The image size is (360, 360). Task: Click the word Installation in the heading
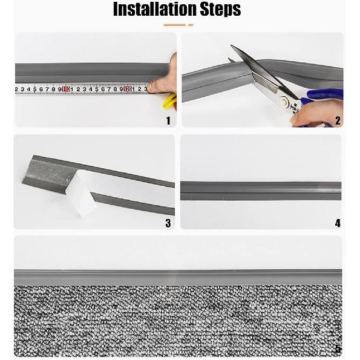click(155, 9)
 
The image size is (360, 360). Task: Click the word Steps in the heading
click(220, 10)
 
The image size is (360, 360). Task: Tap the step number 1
click(168, 121)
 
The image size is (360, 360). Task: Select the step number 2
click(338, 121)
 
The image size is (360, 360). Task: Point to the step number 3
click(168, 223)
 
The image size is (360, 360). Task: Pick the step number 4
click(338, 223)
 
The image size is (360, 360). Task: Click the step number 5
click(338, 349)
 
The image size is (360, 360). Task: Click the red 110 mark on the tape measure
click(66, 89)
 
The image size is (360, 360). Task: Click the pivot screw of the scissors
click(285, 101)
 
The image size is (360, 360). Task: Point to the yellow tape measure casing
click(169, 101)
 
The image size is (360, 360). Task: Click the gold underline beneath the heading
click(178, 25)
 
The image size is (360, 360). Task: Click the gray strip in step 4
click(261, 191)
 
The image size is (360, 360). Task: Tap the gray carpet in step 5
click(178, 321)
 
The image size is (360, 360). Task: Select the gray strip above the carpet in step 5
click(178, 277)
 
